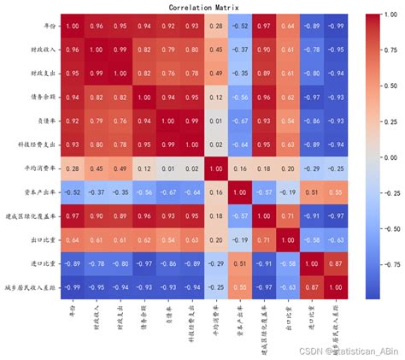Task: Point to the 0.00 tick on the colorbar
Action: pyautogui.click(x=384, y=157)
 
